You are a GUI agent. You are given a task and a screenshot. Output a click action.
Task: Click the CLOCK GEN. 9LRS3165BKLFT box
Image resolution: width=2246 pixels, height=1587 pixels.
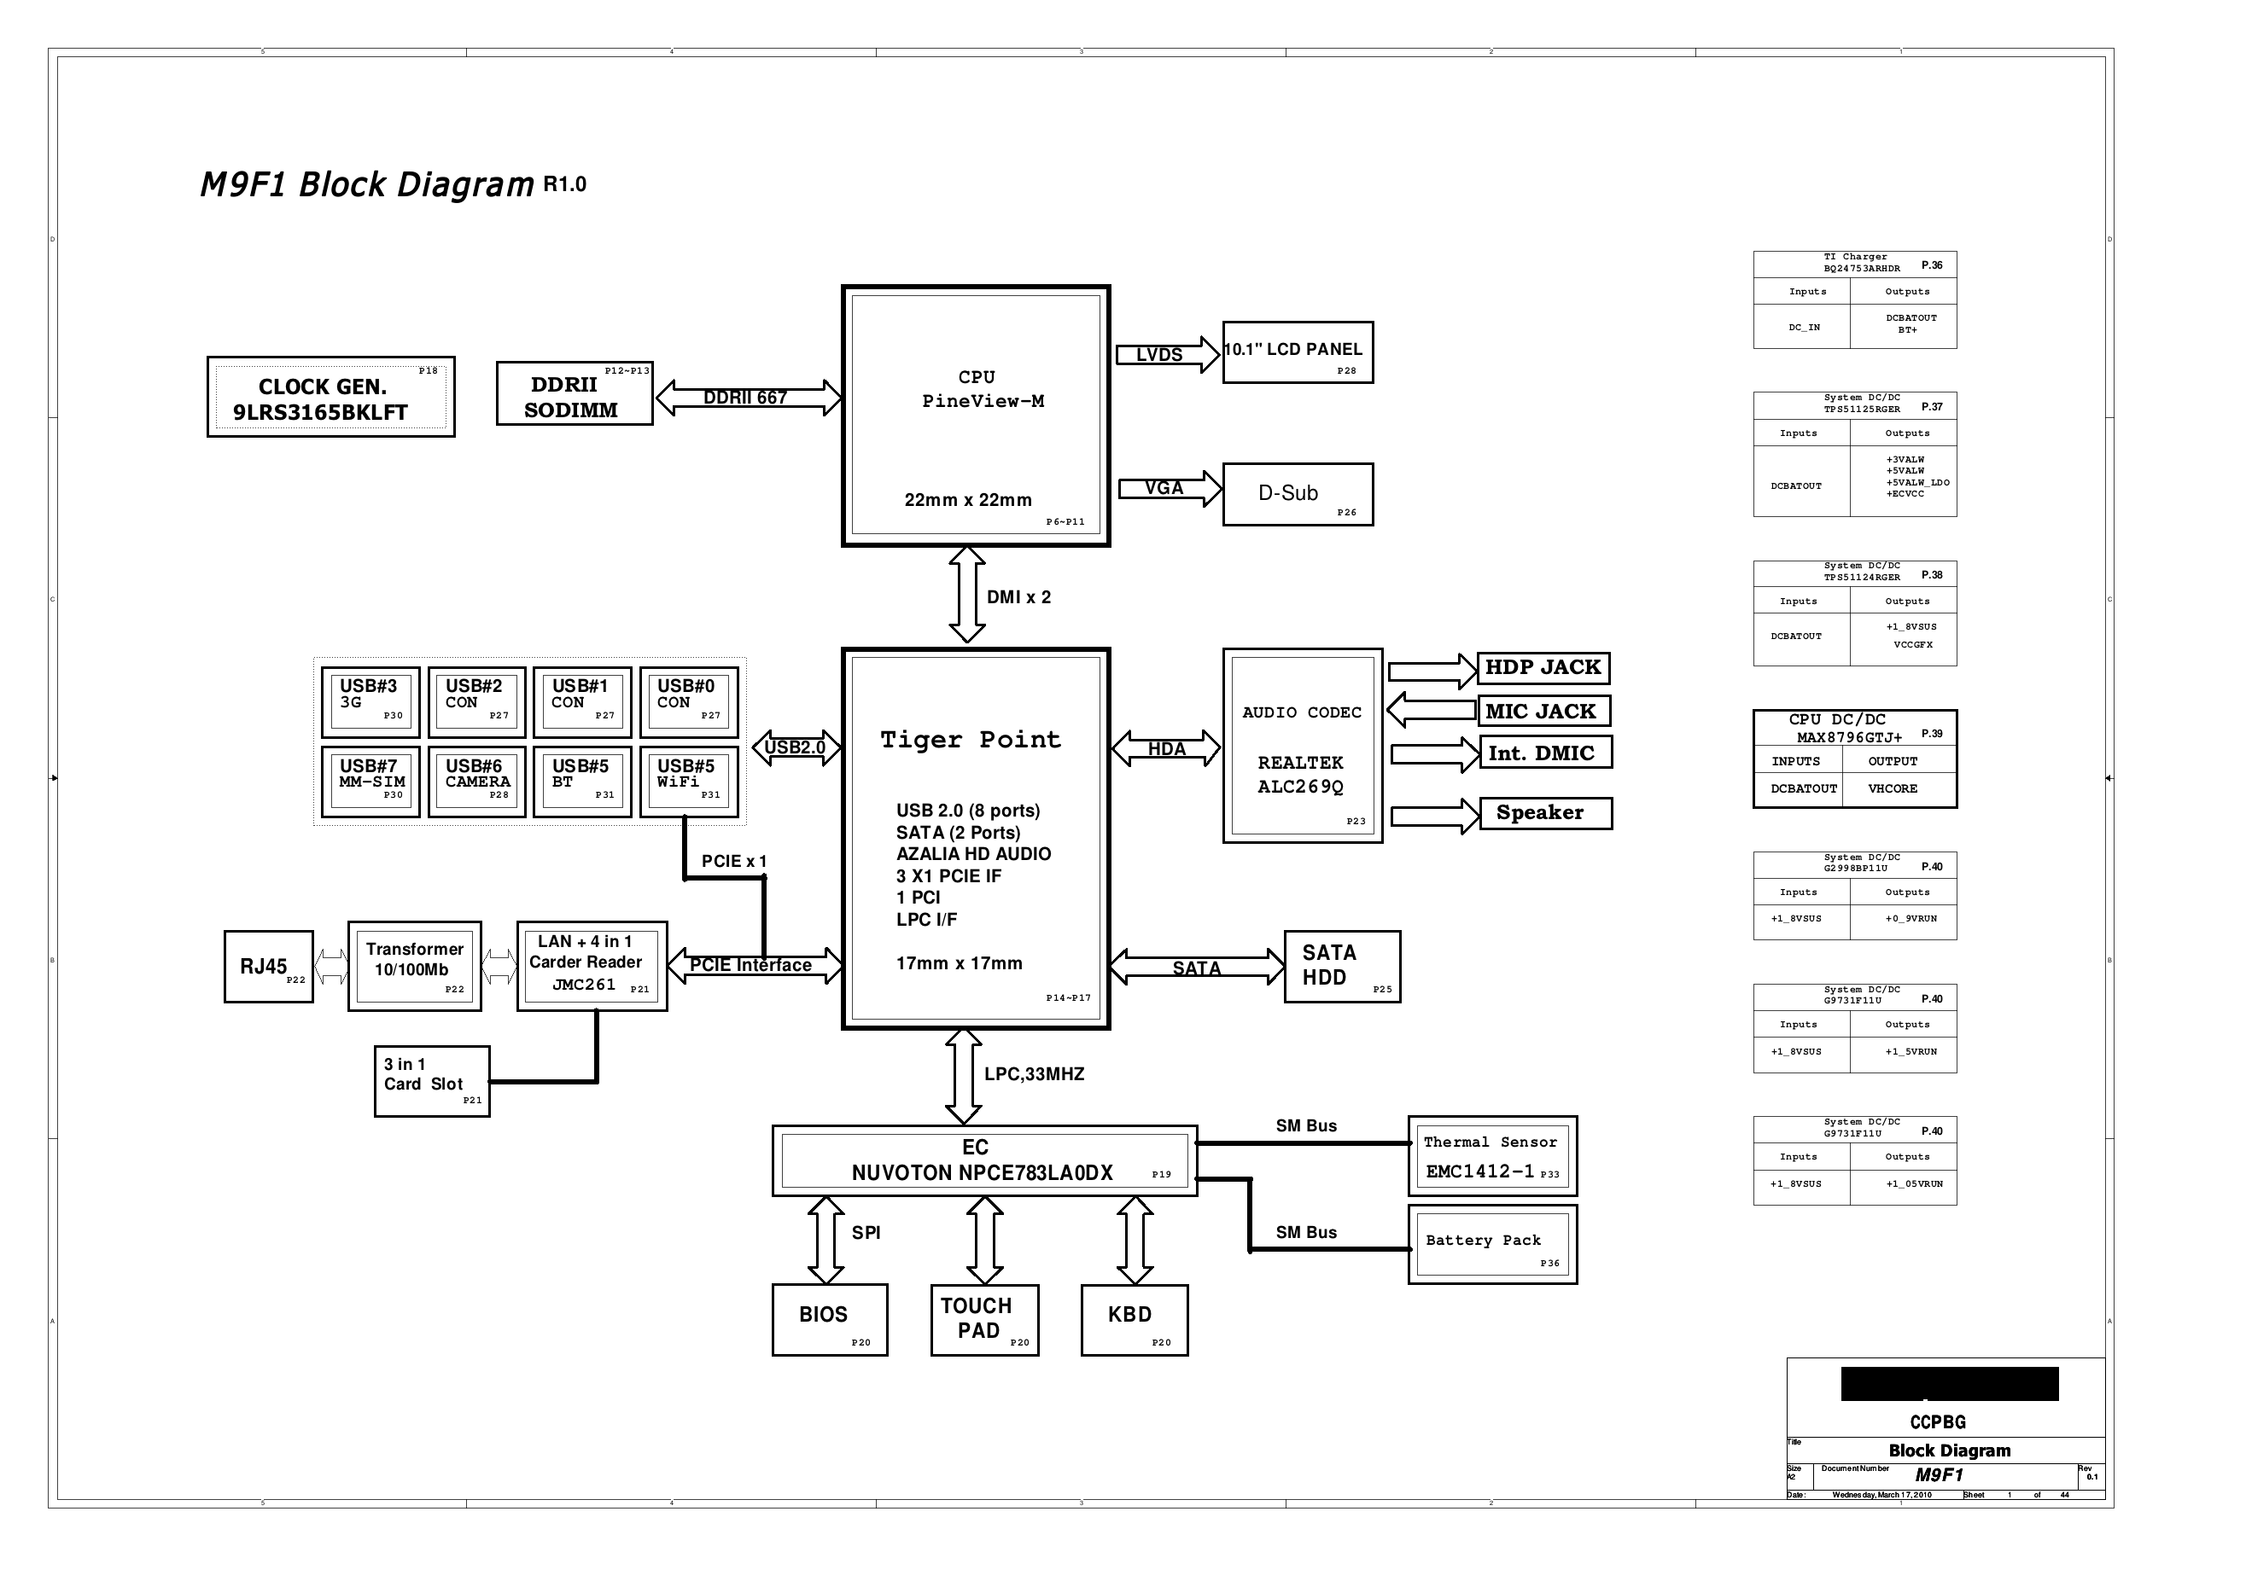[330, 396]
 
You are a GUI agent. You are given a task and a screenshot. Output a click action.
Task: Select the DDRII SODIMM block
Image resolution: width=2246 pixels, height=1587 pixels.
[575, 393]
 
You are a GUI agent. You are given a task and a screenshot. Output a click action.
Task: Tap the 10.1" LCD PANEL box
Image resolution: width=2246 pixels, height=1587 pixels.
[1298, 352]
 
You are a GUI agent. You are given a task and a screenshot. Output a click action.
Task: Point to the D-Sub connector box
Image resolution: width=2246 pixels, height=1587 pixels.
[1298, 494]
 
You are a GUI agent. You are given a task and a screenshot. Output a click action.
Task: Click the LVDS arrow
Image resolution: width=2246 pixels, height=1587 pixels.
[1169, 354]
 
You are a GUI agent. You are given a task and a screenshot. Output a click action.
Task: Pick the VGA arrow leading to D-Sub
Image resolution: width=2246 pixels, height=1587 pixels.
[1170, 488]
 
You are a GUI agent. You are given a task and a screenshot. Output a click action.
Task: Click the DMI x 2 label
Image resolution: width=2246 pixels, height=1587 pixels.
[1018, 596]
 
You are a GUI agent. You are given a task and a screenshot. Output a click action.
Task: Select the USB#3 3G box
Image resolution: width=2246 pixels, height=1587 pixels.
[370, 702]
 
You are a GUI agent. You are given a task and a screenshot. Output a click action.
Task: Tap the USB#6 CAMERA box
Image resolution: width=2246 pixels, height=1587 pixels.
[476, 782]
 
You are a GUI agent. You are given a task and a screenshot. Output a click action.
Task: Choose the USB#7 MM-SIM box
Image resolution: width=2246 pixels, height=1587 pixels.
[370, 782]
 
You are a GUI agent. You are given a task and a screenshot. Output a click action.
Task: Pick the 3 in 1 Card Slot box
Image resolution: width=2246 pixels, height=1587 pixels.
[432, 1082]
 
